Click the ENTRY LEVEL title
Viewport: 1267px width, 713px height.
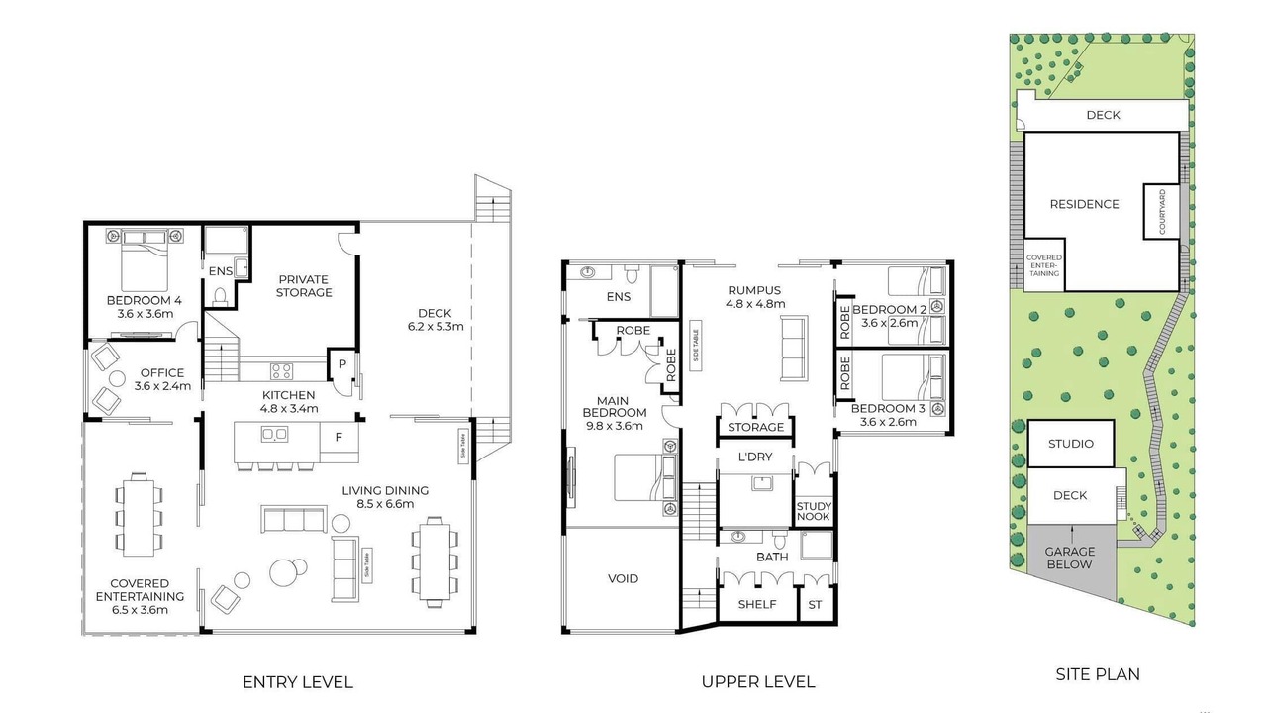298,682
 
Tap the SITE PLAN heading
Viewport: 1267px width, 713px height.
1098,674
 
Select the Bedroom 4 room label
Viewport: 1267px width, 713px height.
145,307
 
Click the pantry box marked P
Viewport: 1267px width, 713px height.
341,364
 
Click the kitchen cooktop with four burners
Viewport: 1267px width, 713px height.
282,371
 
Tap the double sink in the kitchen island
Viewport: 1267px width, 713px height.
274,434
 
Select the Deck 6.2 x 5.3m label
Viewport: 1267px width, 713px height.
435,320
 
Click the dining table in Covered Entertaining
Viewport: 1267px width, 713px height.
139,515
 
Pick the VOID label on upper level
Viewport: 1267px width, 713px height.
623,579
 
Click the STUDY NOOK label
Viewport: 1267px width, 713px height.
814,511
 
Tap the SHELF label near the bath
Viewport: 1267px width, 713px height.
757,604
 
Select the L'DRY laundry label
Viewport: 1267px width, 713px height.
755,457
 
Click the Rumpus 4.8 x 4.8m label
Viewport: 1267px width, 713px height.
754,297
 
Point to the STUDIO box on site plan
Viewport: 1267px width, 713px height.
1070,443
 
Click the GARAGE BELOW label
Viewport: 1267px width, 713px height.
1070,558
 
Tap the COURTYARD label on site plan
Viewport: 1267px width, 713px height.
1162,212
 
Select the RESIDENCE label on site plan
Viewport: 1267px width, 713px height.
1084,204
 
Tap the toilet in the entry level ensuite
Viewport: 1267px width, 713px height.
220,296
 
